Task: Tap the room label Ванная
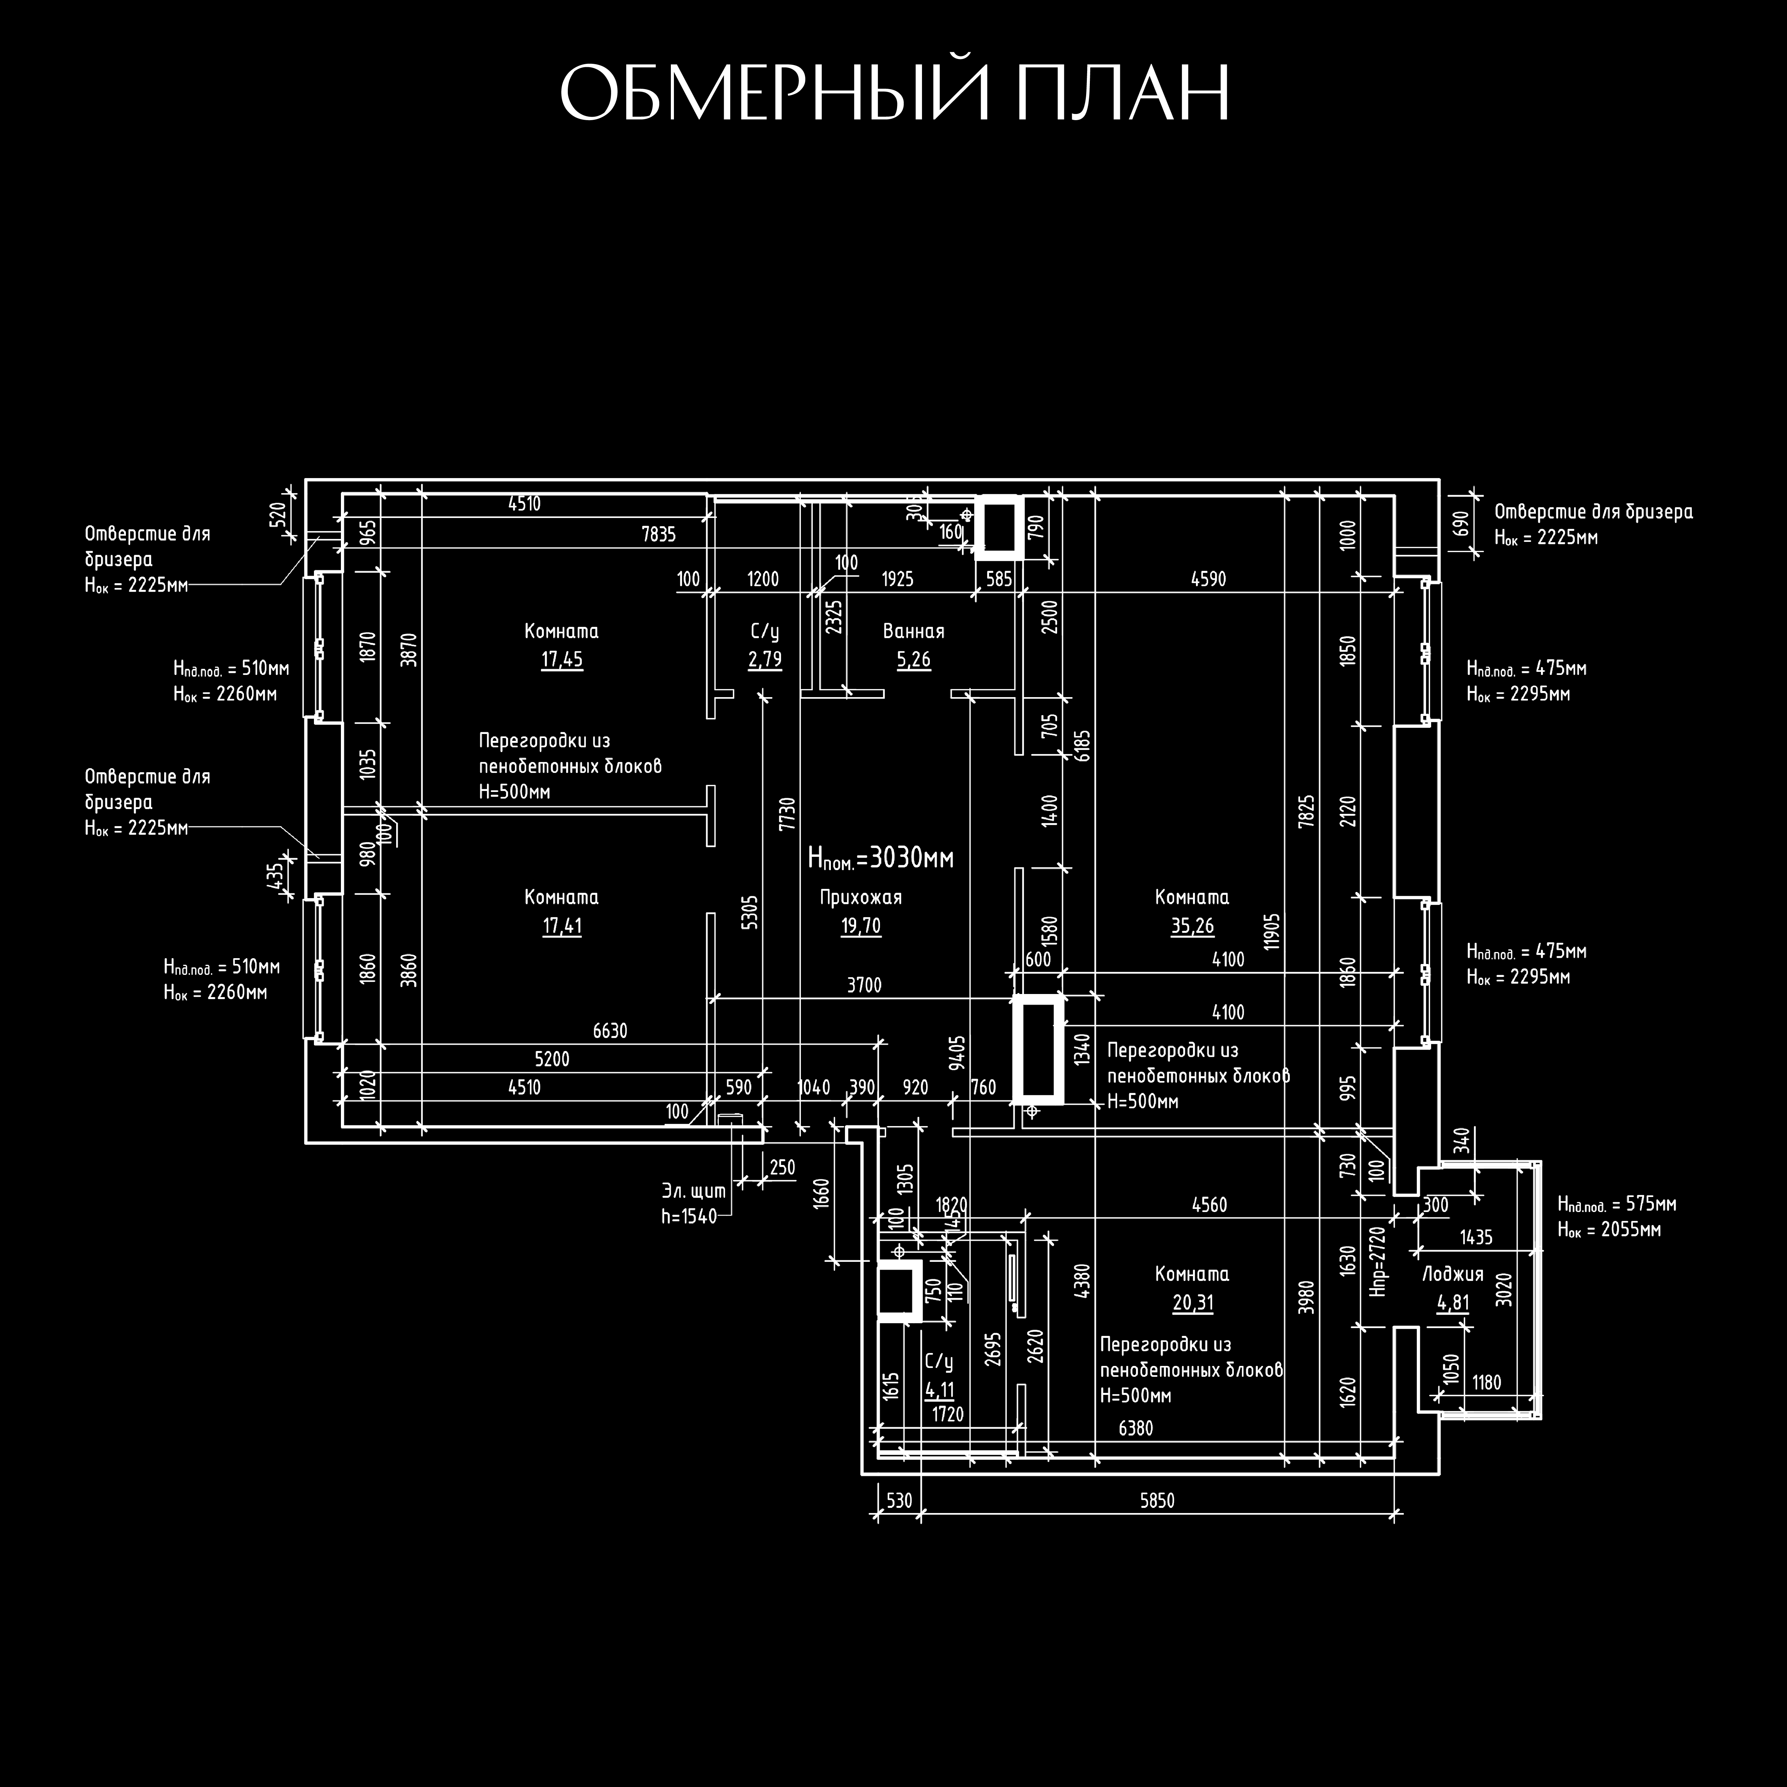coord(913,632)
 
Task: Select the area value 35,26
coord(1192,926)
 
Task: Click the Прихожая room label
coord(860,897)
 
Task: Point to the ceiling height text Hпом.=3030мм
coord(881,858)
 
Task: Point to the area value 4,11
coord(939,1390)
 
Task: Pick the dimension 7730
coord(787,814)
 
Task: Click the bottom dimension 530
coord(898,1500)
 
